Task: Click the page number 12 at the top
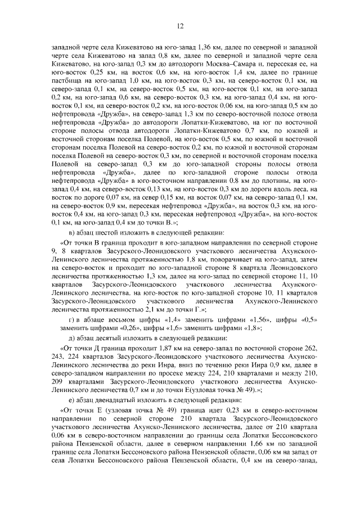tap(181, 26)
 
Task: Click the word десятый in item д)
tap(105, 340)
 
